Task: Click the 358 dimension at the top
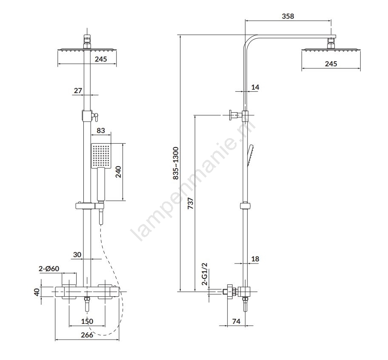click(x=288, y=17)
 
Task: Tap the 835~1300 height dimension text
click(x=175, y=164)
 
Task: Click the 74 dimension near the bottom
click(x=236, y=322)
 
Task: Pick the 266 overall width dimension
click(x=87, y=335)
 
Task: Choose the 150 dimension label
click(x=87, y=321)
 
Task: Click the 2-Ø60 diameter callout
click(x=49, y=269)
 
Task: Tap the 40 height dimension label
click(x=37, y=292)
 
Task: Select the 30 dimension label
click(x=77, y=255)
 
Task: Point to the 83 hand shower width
click(x=101, y=130)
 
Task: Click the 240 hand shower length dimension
click(x=119, y=172)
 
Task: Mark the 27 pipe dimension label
click(x=78, y=90)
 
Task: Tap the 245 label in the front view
click(x=101, y=60)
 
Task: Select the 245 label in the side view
click(x=331, y=64)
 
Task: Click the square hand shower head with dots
click(x=101, y=156)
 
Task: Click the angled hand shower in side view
click(x=251, y=153)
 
